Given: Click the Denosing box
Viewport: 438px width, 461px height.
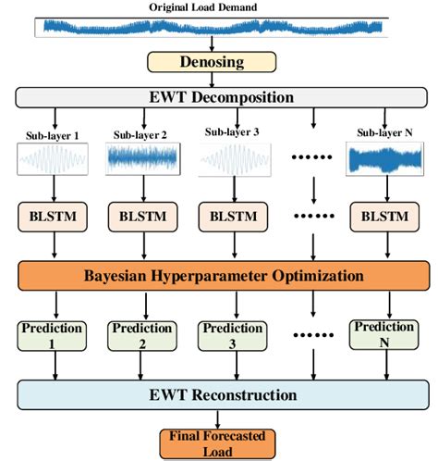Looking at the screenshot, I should (212, 62).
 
